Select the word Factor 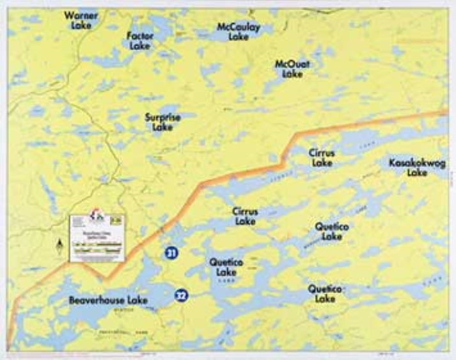[140, 36]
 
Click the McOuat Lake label [292, 69]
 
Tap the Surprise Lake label [162, 122]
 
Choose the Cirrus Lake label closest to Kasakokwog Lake [322, 158]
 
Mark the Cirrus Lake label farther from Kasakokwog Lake [245, 216]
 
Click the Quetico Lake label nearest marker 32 [223, 267]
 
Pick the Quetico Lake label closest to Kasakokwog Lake [332, 231]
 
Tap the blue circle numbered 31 [171, 254]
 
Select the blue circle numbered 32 [182, 295]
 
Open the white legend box [97, 237]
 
